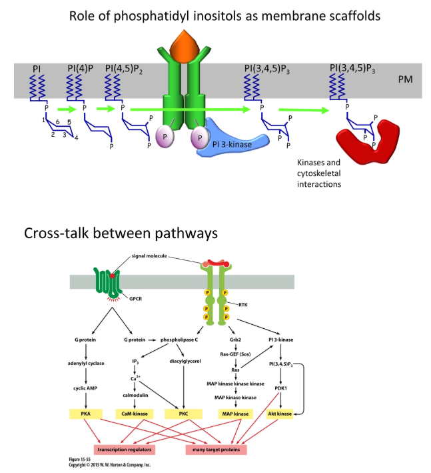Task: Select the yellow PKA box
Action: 87,414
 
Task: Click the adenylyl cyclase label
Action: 87,364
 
